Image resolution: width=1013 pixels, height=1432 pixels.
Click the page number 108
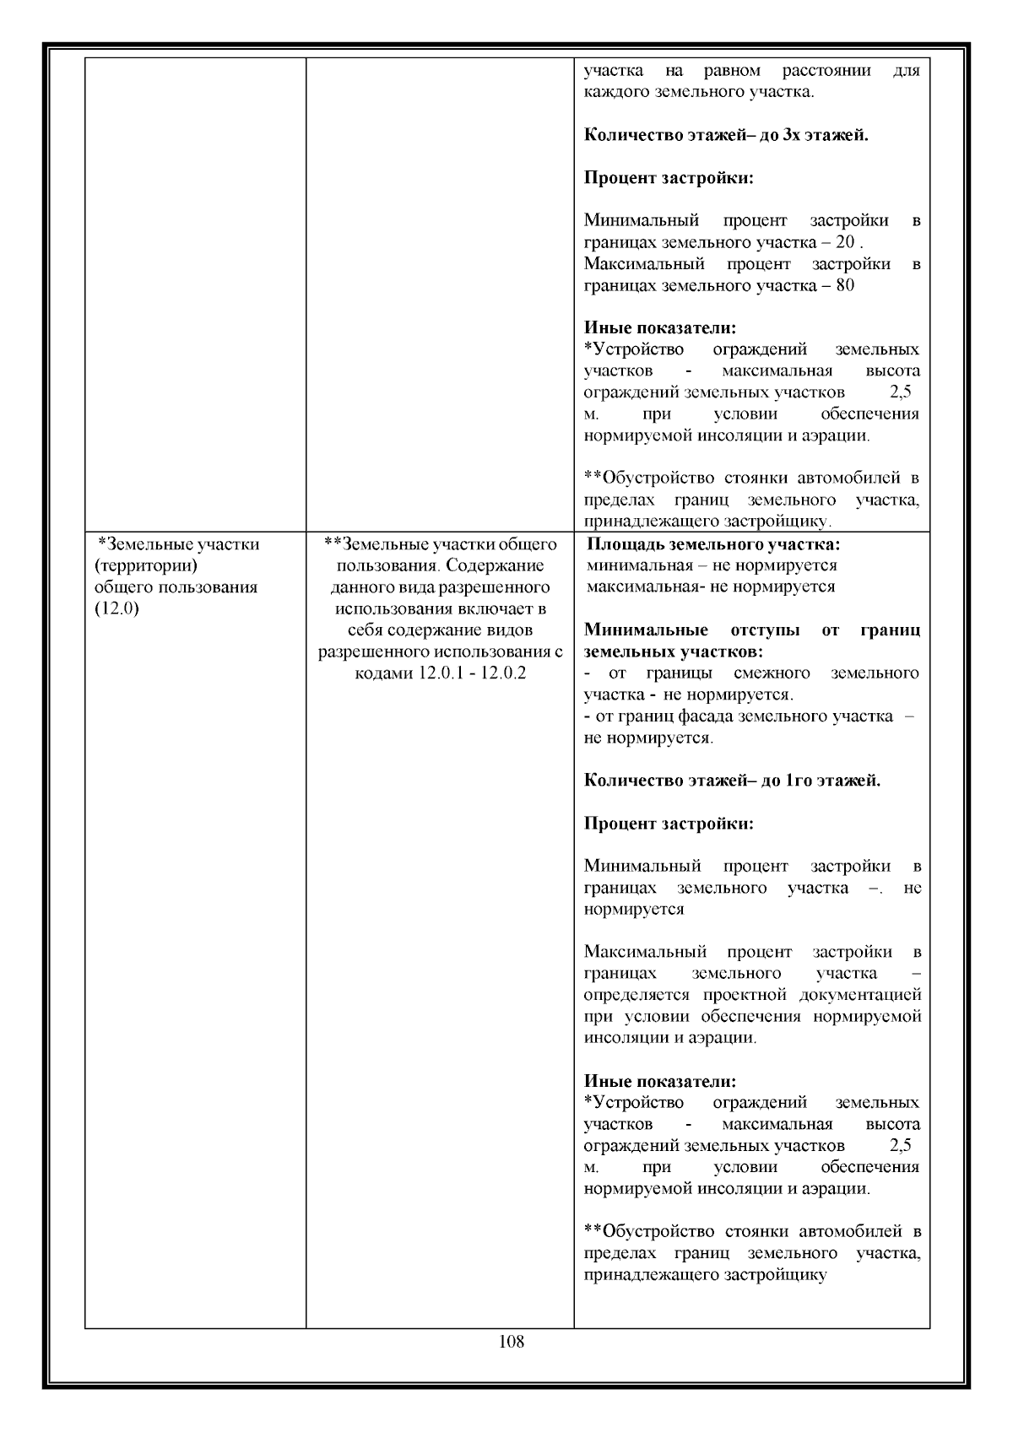[x=512, y=1341]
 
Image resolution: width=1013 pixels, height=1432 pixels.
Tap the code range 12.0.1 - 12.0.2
[x=472, y=674]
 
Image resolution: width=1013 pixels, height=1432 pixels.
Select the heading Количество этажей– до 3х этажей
[x=726, y=134]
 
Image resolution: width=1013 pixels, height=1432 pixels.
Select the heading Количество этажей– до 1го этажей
[x=732, y=781]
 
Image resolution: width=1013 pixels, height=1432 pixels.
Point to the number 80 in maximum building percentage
[x=844, y=285]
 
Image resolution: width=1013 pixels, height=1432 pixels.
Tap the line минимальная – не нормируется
[x=712, y=565]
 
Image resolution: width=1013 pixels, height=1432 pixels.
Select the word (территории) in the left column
[x=146, y=565]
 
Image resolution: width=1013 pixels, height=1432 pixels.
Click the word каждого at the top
[x=617, y=91]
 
